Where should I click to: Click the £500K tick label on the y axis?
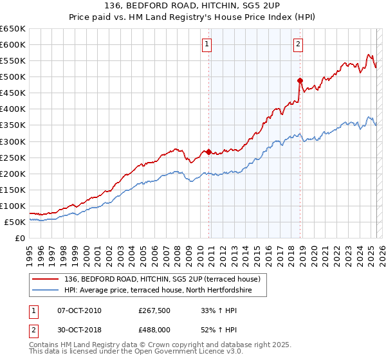pyautogui.click(x=13, y=77)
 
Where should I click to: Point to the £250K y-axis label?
pyautogui.click(x=13, y=157)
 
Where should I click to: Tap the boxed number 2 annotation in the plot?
pyautogui.click(x=299, y=44)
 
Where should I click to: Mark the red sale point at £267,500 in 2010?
pyautogui.click(x=208, y=152)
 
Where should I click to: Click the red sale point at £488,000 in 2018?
pyautogui.click(x=300, y=80)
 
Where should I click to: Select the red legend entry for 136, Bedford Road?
pyautogui.click(x=161, y=279)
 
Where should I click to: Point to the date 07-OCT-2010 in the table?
pyautogui.click(x=79, y=310)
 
